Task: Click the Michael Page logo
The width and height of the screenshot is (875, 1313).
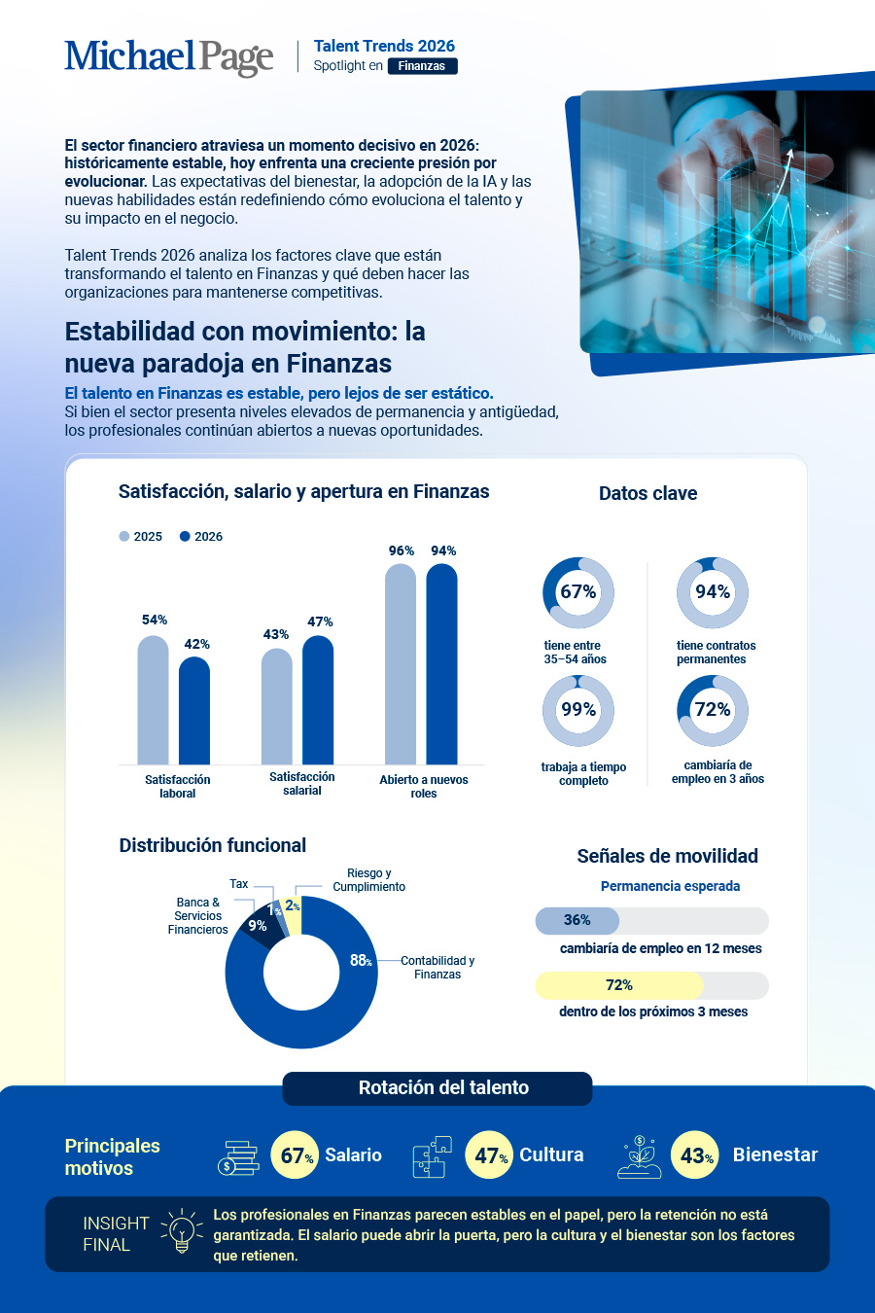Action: pyautogui.click(x=169, y=57)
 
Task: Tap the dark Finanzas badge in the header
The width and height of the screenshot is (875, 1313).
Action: pyautogui.click(x=422, y=66)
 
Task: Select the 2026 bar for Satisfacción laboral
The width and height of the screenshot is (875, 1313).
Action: pyautogui.click(x=194, y=710)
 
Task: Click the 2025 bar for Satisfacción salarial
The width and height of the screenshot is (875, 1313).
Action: pyautogui.click(x=277, y=706)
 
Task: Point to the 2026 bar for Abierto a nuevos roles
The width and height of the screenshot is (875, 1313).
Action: pyautogui.click(x=441, y=664)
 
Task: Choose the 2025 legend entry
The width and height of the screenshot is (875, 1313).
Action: pyautogui.click(x=141, y=536)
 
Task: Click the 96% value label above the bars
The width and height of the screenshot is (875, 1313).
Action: pyautogui.click(x=401, y=551)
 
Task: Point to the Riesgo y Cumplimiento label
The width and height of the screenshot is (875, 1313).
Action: pyautogui.click(x=368, y=880)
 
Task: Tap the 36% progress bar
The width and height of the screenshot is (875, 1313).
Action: pyautogui.click(x=577, y=920)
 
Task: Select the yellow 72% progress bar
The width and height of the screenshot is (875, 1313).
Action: pyautogui.click(x=619, y=985)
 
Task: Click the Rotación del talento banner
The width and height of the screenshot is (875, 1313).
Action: pyautogui.click(x=437, y=1088)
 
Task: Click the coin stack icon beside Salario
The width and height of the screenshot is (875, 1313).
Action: pyautogui.click(x=238, y=1157)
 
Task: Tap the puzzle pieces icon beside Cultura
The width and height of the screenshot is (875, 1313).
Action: pyautogui.click(x=433, y=1156)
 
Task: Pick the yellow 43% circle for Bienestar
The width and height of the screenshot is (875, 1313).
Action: pyautogui.click(x=694, y=1155)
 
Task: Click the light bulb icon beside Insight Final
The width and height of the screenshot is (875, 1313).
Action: pyautogui.click(x=182, y=1230)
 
